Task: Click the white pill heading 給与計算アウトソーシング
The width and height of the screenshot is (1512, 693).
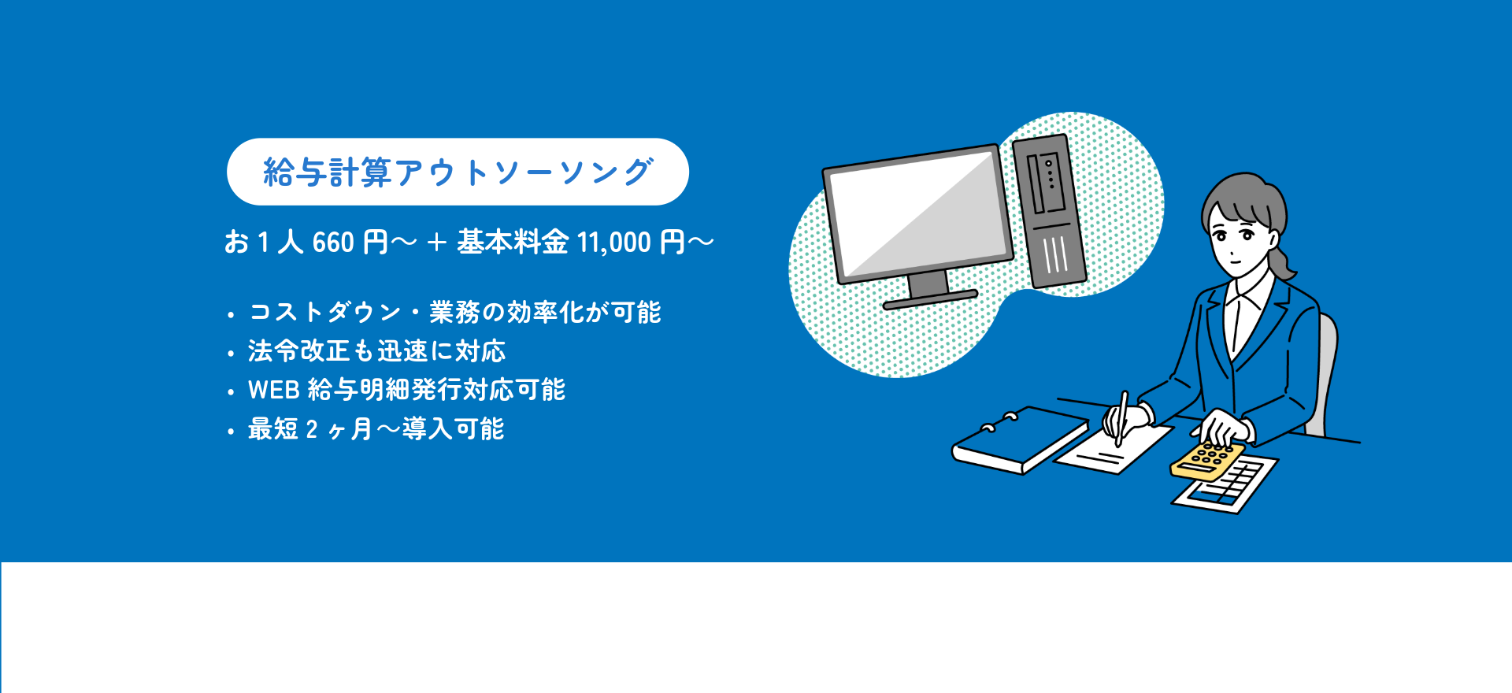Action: pyautogui.click(x=458, y=172)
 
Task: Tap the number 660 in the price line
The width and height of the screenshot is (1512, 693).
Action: pyautogui.click(x=333, y=243)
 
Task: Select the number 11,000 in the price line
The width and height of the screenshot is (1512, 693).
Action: pyautogui.click(x=614, y=243)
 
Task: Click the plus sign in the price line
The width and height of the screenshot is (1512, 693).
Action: pyautogui.click(x=436, y=243)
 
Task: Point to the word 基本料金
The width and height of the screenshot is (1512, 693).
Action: pyautogui.click(x=513, y=242)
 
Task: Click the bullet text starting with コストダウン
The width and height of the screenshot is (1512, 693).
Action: pyautogui.click(x=455, y=313)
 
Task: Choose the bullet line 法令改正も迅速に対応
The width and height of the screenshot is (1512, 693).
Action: pyautogui.click(x=376, y=351)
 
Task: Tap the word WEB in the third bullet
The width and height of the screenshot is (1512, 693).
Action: pyautogui.click(x=274, y=390)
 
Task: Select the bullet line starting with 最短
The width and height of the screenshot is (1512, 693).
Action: pyautogui.click(x=376, y=429)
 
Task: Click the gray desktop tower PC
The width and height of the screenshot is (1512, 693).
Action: pyautogui.click(x=1049, y=211)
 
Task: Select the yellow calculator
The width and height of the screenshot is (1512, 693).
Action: pyautogui.click(x=1207, y=461)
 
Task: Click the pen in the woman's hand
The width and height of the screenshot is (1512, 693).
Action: pyautogui.click(x=1121, y=418)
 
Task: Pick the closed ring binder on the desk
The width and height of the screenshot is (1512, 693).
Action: pyautogui.click(x=1020, y=441)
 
